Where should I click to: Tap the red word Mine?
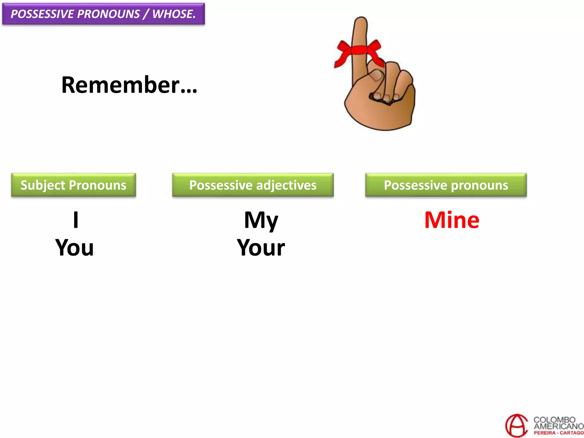click(x=452, y=220)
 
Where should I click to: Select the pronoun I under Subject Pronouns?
click(x=76, y=220)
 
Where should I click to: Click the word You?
click(x=74, y=248)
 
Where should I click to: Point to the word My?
click(x=261, y=220)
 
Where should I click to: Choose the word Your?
click(x=261, y=248)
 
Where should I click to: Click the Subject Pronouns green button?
click(x=73, y=185)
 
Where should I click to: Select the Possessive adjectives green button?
click(x=253, y=185)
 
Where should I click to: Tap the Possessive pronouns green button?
click(x=446, y=185)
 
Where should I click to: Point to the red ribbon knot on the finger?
click(x=359, y=50)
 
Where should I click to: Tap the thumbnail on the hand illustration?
click(x=377, y=76)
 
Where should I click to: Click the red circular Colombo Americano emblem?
click(x=516, y=425)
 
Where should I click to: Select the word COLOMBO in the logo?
click(x=554, y=419)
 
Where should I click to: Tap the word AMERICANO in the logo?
click(x=558, y=426)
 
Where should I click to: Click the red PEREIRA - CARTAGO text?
click(x=558, y=433)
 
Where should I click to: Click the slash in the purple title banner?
click(x=146, y=14)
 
